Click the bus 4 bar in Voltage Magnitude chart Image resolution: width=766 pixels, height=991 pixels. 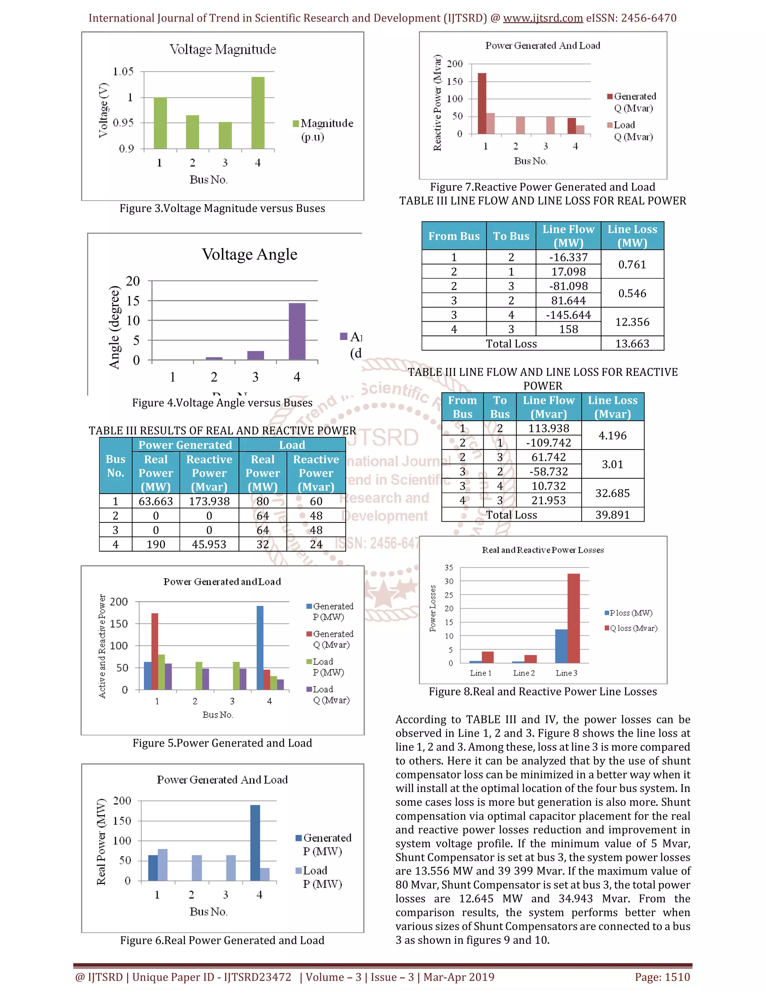tap(258, 113)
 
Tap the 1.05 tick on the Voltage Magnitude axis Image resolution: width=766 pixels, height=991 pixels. tap(123, 72)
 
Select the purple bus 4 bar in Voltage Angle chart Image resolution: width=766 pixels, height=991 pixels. tap(297, 331)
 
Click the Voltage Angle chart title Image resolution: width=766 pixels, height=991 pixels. tap(249, 254)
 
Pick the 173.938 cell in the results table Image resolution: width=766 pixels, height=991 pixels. tap(209, 501)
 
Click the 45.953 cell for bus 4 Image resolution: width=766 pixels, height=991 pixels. tap(209, 544)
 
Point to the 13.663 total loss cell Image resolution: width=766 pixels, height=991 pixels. tap(632, 344)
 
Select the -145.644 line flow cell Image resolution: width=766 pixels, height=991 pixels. tap(568, 315)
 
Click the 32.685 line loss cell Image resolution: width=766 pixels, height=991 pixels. tap(612, 493)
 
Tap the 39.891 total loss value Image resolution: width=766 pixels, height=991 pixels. tap(612, 515)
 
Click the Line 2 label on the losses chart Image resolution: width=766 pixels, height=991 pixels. tap(524, 673)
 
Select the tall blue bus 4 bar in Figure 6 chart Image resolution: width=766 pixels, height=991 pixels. tap(255, 843)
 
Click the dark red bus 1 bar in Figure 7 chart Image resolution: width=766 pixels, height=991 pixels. tap(482, 104)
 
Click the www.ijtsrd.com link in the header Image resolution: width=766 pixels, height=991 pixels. tap(543, 18)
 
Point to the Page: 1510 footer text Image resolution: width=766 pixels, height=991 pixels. tap(662, 977)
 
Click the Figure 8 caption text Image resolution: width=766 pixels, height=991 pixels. tap(542, 691)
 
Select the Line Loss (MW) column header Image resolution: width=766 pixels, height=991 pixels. tap(632, 236)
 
